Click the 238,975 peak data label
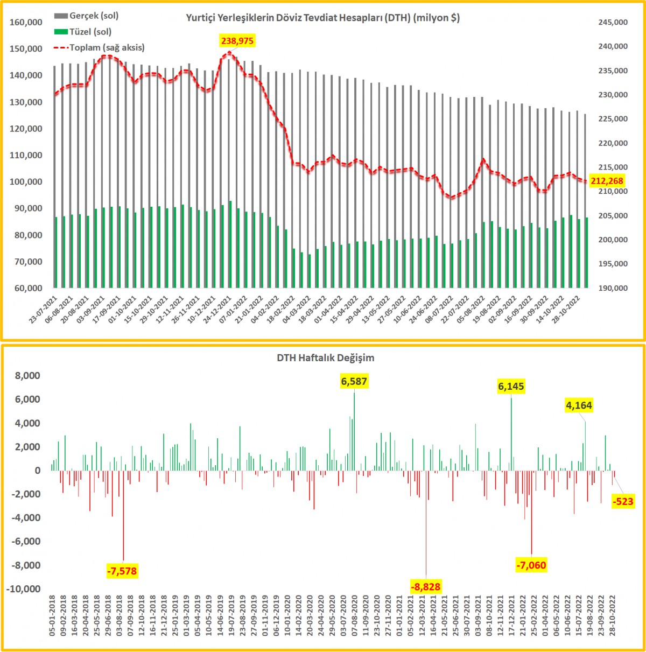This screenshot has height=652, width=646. coord(237,41)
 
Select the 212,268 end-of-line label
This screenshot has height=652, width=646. coord(607,181)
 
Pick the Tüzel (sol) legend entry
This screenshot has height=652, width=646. coord(90,32)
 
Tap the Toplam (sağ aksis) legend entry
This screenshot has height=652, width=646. coord(107,47)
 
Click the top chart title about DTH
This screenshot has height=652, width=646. coord(323,18)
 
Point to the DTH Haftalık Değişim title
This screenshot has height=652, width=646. coord(326,357)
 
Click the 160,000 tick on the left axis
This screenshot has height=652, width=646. coord(26,22)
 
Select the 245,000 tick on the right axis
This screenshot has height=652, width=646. coord(613,22)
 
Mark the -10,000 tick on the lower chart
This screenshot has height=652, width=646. coord(24,589)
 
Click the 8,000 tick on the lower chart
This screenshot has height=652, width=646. coord(27,376)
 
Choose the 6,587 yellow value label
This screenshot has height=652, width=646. coord(354,382)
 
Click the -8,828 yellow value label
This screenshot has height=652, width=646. coord(425,587)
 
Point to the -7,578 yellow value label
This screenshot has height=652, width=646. coord(122,571)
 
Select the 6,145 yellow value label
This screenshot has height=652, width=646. coord(511,386)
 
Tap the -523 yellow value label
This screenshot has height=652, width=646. coord(623,502)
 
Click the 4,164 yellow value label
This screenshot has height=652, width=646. coord(579,405)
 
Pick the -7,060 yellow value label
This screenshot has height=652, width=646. coord(531,565)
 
